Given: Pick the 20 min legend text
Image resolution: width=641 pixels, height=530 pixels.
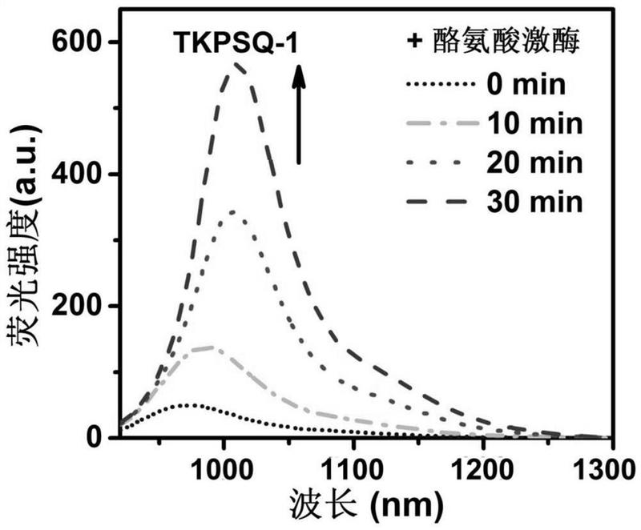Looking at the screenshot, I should (533, 163).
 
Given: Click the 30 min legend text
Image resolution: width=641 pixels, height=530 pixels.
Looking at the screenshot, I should (533, 202).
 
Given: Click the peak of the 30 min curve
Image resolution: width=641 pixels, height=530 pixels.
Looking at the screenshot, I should (238, 63).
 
